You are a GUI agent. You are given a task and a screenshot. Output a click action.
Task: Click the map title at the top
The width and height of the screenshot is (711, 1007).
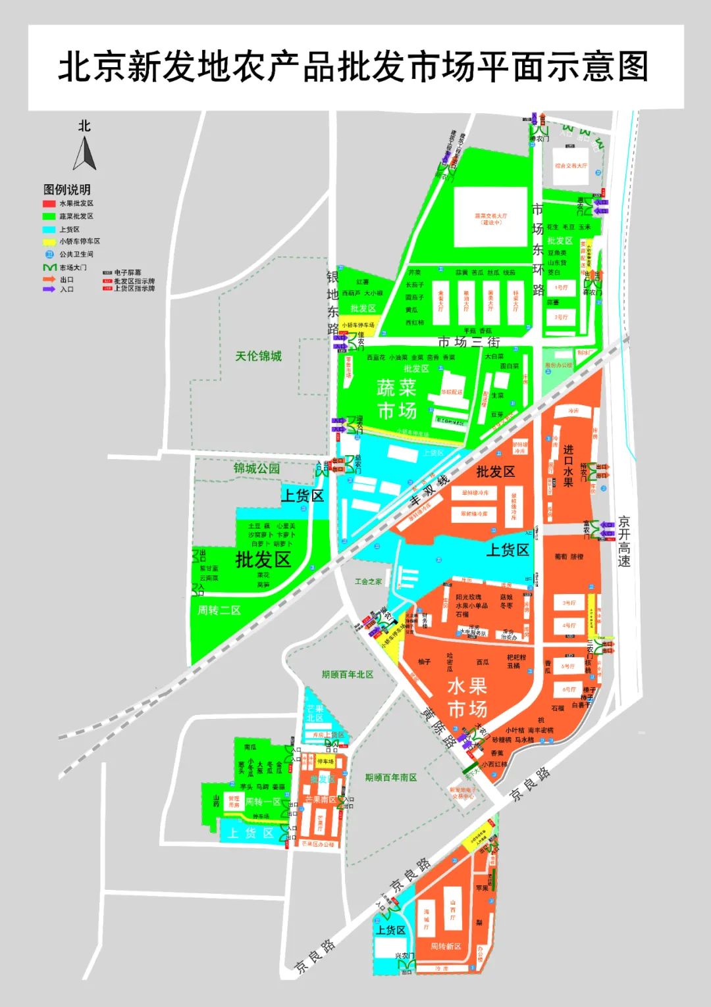tap(354, 67)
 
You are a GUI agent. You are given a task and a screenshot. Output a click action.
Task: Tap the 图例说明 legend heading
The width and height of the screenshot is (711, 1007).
tap(66, 189)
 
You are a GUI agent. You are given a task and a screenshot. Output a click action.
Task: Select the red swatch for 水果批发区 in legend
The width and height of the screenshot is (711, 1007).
tap(49, 204)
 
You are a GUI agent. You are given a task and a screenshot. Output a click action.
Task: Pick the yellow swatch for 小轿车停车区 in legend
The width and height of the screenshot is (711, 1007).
tap(49, 241)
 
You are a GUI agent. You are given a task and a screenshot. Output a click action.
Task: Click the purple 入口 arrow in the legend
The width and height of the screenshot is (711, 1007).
tap(49, 289)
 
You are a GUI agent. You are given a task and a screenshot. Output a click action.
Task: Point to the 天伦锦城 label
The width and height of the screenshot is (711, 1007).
tap(258, 356)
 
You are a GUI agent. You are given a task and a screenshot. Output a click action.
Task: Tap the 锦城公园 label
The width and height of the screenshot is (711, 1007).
tap(256, 468)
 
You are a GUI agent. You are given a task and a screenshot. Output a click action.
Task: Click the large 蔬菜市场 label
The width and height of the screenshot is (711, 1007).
tap(397, 399)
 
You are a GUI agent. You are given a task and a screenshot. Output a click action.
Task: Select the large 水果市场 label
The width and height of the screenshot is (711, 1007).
tap(467, 697)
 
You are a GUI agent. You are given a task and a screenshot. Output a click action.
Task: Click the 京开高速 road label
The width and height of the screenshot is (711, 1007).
tap(623, 541)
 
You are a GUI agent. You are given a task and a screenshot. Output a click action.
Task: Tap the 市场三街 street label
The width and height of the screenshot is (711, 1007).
tap(469, 342)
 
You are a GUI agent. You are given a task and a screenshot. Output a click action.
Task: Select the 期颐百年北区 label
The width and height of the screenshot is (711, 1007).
tap(348, 674)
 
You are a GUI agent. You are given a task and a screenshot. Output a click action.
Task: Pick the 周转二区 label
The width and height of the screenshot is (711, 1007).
tap(219, 610)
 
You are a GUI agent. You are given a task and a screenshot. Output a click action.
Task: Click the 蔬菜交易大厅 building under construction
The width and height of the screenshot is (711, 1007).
tap(490, 218)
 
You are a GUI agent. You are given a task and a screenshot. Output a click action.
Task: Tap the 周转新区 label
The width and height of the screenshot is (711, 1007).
tap(446, 946)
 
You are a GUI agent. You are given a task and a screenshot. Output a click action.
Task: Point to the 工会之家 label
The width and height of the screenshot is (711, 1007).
tap(368, 581)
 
